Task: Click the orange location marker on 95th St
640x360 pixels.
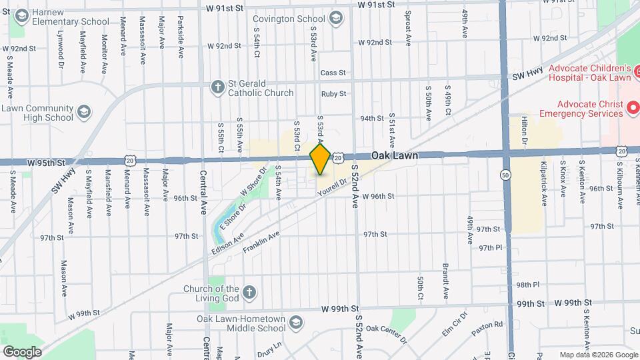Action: [x=320, y=159]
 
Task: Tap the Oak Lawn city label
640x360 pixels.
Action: [x=395, y=155]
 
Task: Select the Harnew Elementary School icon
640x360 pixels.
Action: [x=21, y=15]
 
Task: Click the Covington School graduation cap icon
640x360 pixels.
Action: [x=335, y=18]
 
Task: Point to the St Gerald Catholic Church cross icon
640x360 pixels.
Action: [x=217, y=87]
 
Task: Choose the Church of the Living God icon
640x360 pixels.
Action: [x=249, y=293]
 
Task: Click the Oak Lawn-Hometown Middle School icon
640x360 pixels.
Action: [x=295, y=323]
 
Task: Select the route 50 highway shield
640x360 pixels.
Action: [x=506, y=174]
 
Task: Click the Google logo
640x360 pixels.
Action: [x=22, y=351]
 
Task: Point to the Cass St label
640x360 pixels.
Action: [x=333, y=73]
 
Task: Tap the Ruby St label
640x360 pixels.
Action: [x=333, y=95]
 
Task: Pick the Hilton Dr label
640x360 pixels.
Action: [x=524, y=130]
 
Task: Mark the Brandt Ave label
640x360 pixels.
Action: [x=445, y=280]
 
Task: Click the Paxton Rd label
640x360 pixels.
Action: [x=489, y=325]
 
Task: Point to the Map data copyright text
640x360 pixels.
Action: [x=597, y=355]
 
